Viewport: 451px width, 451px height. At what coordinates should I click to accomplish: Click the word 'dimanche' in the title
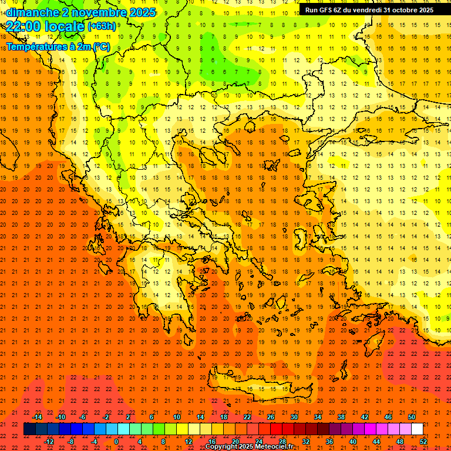[x=32, y=12]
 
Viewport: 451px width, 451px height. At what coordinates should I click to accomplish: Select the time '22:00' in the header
[x=25, y=26]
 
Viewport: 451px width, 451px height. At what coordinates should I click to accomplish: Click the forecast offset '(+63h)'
[x=102, y=26]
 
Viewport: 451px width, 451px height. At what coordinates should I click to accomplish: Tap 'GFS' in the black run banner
[x=326, y=10]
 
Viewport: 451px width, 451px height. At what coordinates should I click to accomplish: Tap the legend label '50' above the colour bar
[x=412, y=417]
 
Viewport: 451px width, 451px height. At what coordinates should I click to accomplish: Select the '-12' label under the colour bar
[x=49, y=442]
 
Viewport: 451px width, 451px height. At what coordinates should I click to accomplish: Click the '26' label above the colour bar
[x=271, y=417]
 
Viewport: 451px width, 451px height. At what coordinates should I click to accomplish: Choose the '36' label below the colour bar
[x=329, y=442]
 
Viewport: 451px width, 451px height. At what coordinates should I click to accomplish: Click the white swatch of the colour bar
[x=418, y=429]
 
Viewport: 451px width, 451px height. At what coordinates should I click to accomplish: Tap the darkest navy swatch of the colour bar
[x=29, y=429]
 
